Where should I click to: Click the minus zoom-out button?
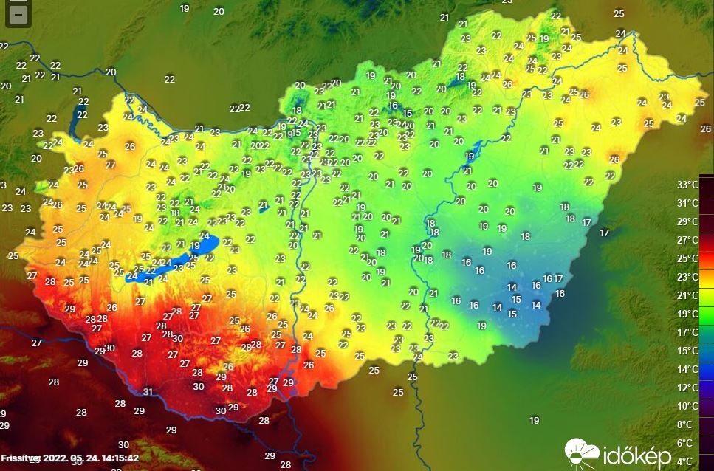(x=18, y=14)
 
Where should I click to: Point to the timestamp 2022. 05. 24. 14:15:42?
(x=91, y=458)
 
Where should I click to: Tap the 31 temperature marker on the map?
(x=148, y=392)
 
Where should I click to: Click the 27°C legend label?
(x=687, y=240)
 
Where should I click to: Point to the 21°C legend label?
(x=687, y=295)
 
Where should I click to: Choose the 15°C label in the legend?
(x=687, y=351)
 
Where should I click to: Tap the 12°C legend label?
(x=687, y=388)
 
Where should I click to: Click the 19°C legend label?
(x=687, y=314)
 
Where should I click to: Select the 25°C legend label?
(x=687, y=258)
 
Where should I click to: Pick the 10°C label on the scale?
(x=687, y=406)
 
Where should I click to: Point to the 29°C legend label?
(x=687, y=221)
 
